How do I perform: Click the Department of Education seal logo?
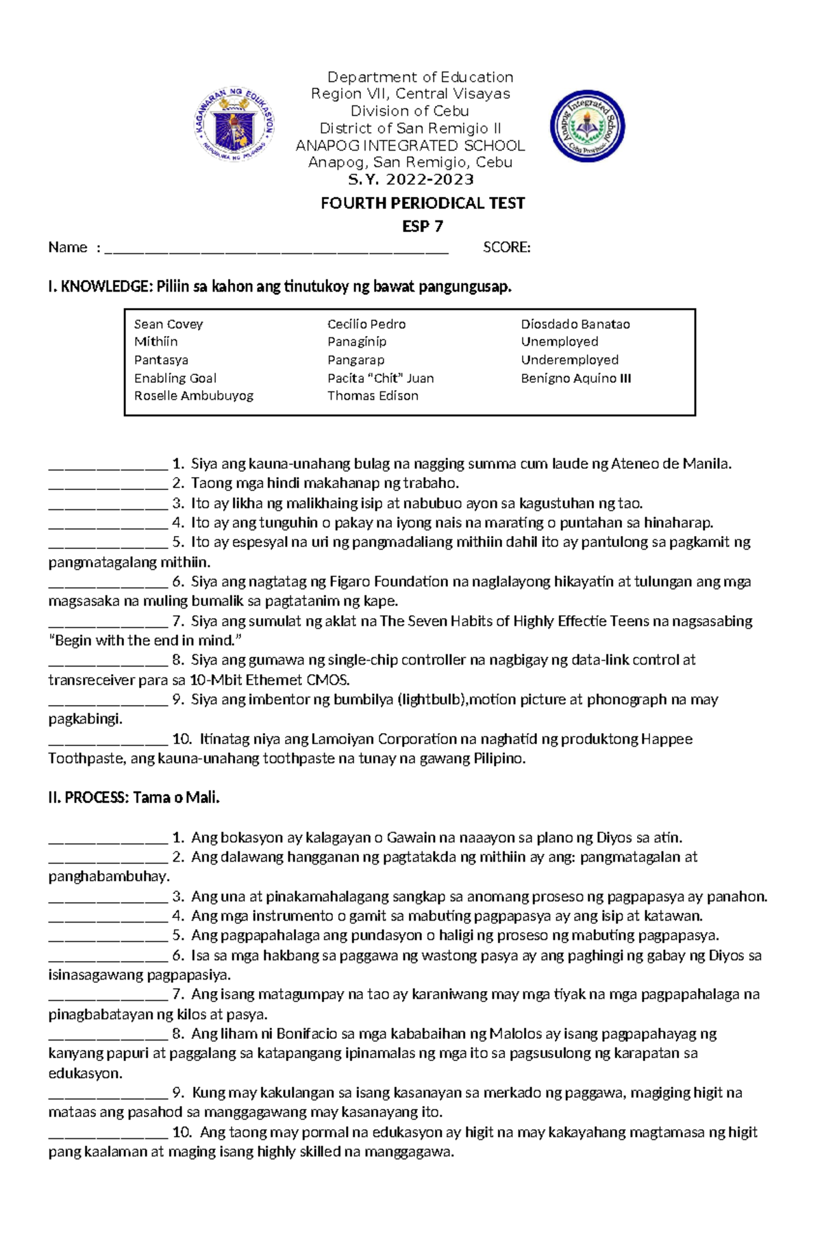pyautogui.click(x=234, y=125)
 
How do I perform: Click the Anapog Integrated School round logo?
pyautogui.click(x=587, y=126)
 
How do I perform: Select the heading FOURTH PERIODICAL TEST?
pyautogui.click(x=423, y=203)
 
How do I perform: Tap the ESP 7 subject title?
pyautogui.click(x=423, y=226)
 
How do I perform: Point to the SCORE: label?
pyautogui.click(x=506, y=248)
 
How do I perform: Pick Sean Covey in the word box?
pyautogui.click(x=169, y=324)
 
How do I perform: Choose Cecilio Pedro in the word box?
pyautogui.click(x=366, y=324)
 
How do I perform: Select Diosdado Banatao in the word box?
pyautogui.click(x=575, y=324)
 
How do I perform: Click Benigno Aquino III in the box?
pyautogui.click(x=576, y=379)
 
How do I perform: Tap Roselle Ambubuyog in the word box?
pyautogui.click(x=194, y=396)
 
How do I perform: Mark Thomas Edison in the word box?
pyautogui.click(x=373, y=396)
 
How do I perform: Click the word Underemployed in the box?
pyautogui.click(x=570, y=360)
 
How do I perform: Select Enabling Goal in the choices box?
pyautogui.click(x=175, y=379)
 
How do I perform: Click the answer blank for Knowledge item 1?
pyautogui.click(x=108, y=465)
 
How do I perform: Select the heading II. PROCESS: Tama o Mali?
pyautogui.click(x=134, y=797)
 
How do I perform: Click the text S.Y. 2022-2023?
pyautogui.click(x=411, y=180)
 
